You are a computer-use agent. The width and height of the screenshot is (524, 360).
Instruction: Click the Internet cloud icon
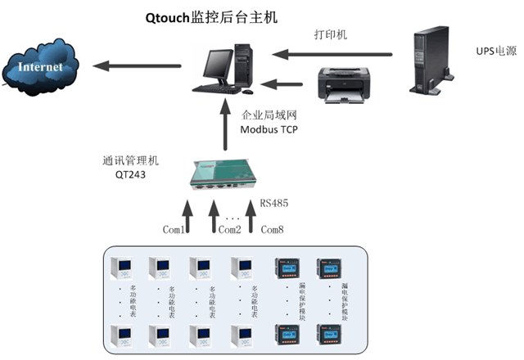coord(41,65)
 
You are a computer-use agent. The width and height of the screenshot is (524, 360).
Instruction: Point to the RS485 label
coord(273,202)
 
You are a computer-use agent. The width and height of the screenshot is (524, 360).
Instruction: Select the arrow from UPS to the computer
coord(331,55)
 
